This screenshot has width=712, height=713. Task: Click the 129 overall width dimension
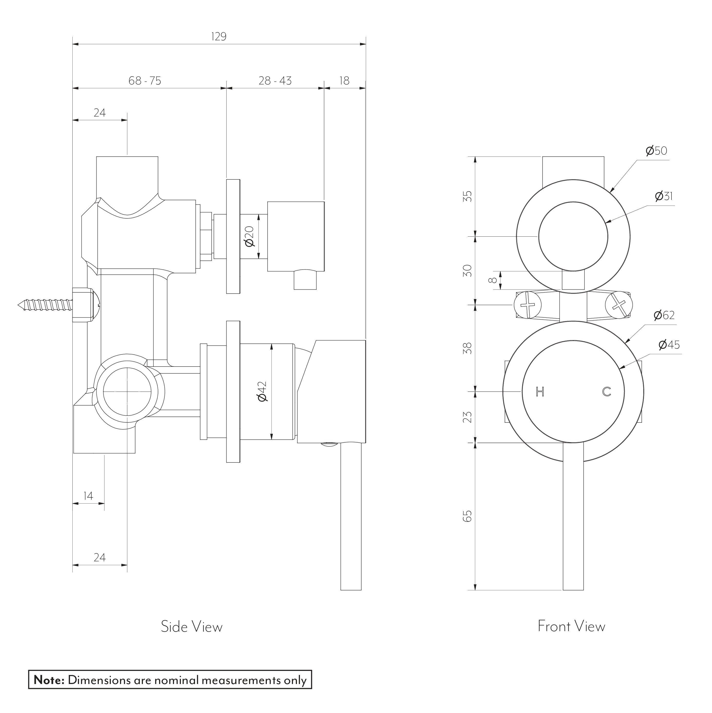pos(219,36)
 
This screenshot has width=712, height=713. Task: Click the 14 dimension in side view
pos(88,496)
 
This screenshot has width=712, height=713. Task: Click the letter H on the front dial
pos(540,392)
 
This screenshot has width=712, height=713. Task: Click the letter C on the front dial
pos(607,392)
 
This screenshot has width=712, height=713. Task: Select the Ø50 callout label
pos(656,151)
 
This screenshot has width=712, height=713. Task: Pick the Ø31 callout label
pos(664,196)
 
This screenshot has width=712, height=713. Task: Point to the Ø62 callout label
pos(664,315)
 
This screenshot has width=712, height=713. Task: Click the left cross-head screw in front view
pos(528,305)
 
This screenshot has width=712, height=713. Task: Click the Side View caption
pos(191,627)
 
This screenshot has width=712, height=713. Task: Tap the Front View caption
pos(571,626)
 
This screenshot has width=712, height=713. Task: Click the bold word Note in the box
pos(49,680)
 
